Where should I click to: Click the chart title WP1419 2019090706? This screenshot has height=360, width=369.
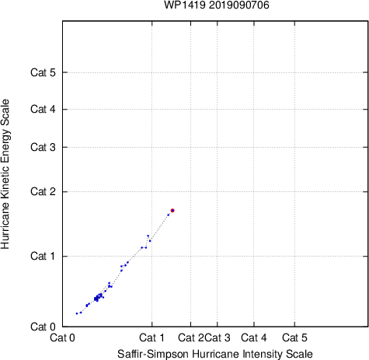217,5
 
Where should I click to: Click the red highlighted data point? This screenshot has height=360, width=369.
172,211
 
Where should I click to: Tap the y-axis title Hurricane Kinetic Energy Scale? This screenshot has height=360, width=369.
5,174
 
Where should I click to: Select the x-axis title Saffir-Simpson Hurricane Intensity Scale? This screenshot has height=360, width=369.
215,354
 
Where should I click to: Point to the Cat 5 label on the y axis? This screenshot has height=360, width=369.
43,72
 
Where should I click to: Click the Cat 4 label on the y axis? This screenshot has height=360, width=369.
43,109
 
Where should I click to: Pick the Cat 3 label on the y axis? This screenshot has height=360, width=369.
43,147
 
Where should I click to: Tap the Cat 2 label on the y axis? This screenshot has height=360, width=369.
43,192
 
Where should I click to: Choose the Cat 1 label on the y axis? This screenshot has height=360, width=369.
43,256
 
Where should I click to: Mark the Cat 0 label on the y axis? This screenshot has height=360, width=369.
43,327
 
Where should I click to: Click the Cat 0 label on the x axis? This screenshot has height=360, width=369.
62,337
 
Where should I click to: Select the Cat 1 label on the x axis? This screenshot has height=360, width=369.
151,337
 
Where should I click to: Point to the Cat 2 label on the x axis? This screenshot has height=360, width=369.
191,337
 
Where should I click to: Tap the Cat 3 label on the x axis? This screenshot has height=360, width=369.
218,337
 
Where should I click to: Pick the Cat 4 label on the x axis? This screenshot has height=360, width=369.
254,337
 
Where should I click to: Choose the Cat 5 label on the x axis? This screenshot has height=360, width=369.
294,337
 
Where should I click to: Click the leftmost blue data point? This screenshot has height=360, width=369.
77,313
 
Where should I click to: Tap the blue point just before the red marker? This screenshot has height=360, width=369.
168,215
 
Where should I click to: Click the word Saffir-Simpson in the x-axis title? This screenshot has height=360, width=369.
153,354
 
